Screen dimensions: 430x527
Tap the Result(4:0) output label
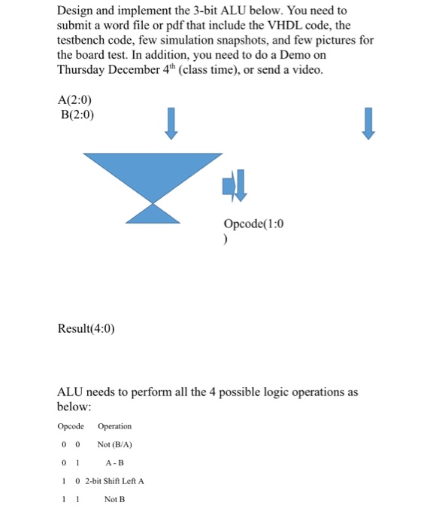click(86, 328)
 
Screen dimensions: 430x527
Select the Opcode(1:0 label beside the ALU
click(254, 224)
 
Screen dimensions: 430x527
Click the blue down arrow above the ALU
click(172, 123)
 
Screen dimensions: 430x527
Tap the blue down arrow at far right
click(368, 123)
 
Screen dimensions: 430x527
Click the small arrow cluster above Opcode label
click(235, 185)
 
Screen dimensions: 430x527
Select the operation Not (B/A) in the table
click(115, 444)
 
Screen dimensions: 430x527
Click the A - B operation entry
click(115, 462)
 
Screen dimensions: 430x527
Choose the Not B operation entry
click(114, 498)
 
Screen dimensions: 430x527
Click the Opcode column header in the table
click(71, 426)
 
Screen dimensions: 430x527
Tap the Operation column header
click(114, 426)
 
